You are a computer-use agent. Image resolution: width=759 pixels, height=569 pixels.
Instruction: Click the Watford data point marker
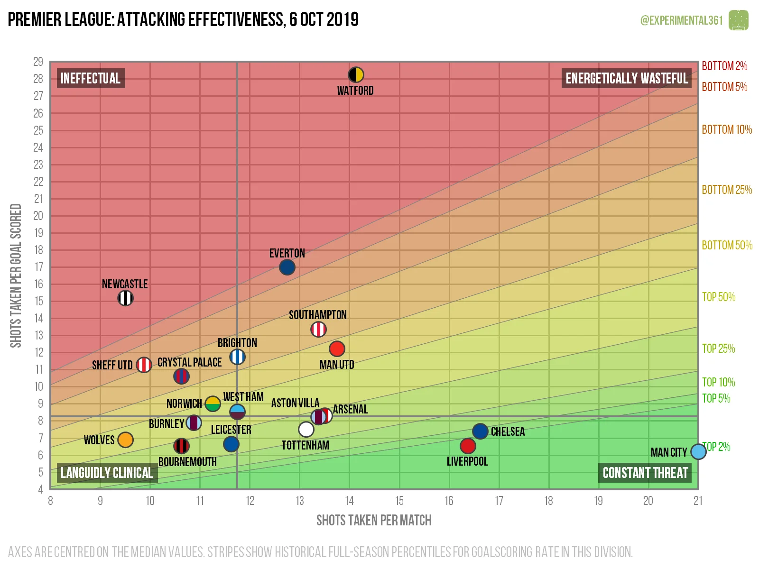tap(356, 75)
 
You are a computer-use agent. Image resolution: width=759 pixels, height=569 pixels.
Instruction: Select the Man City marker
tap(698, 451)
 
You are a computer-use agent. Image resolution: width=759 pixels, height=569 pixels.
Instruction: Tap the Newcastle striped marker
tap(125, 298)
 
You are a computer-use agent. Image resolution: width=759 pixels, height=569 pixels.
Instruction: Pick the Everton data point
tap(287, 267)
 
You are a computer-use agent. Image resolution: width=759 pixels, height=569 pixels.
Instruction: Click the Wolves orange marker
tap(125, 440)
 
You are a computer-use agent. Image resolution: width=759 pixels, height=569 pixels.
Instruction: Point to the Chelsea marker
tap(480, 431)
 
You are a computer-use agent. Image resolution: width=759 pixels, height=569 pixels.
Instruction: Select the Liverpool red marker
tap(468, 446)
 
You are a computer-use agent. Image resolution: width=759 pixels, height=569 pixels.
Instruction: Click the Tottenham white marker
tap(306, 430)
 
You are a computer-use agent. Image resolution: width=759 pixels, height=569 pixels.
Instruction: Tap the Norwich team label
tap(184, 404)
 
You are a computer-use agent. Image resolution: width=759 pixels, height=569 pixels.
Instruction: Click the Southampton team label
tap(317, 315)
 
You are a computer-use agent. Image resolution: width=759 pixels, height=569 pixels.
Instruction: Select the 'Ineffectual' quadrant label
tap(91, 78)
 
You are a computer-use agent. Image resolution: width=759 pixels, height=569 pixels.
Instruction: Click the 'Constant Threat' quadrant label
tap(645, 473)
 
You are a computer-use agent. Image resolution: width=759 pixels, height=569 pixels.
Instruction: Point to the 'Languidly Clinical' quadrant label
tap(107, 473)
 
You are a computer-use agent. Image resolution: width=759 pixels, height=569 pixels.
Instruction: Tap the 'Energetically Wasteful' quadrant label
tap(626, 78)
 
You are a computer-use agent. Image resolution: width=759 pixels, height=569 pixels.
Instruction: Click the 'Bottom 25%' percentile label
tap(727, 190)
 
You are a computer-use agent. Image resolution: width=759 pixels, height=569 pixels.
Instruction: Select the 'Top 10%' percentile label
tap(718, 382)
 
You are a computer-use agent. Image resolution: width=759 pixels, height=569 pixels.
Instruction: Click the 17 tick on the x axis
tap(499, 501)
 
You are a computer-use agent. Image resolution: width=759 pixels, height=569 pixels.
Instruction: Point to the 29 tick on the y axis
tap(38, 62)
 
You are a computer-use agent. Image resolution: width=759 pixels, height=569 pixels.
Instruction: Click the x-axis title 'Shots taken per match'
tap(374, 521)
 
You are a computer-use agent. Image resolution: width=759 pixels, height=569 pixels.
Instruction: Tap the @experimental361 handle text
tap(681, 20)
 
